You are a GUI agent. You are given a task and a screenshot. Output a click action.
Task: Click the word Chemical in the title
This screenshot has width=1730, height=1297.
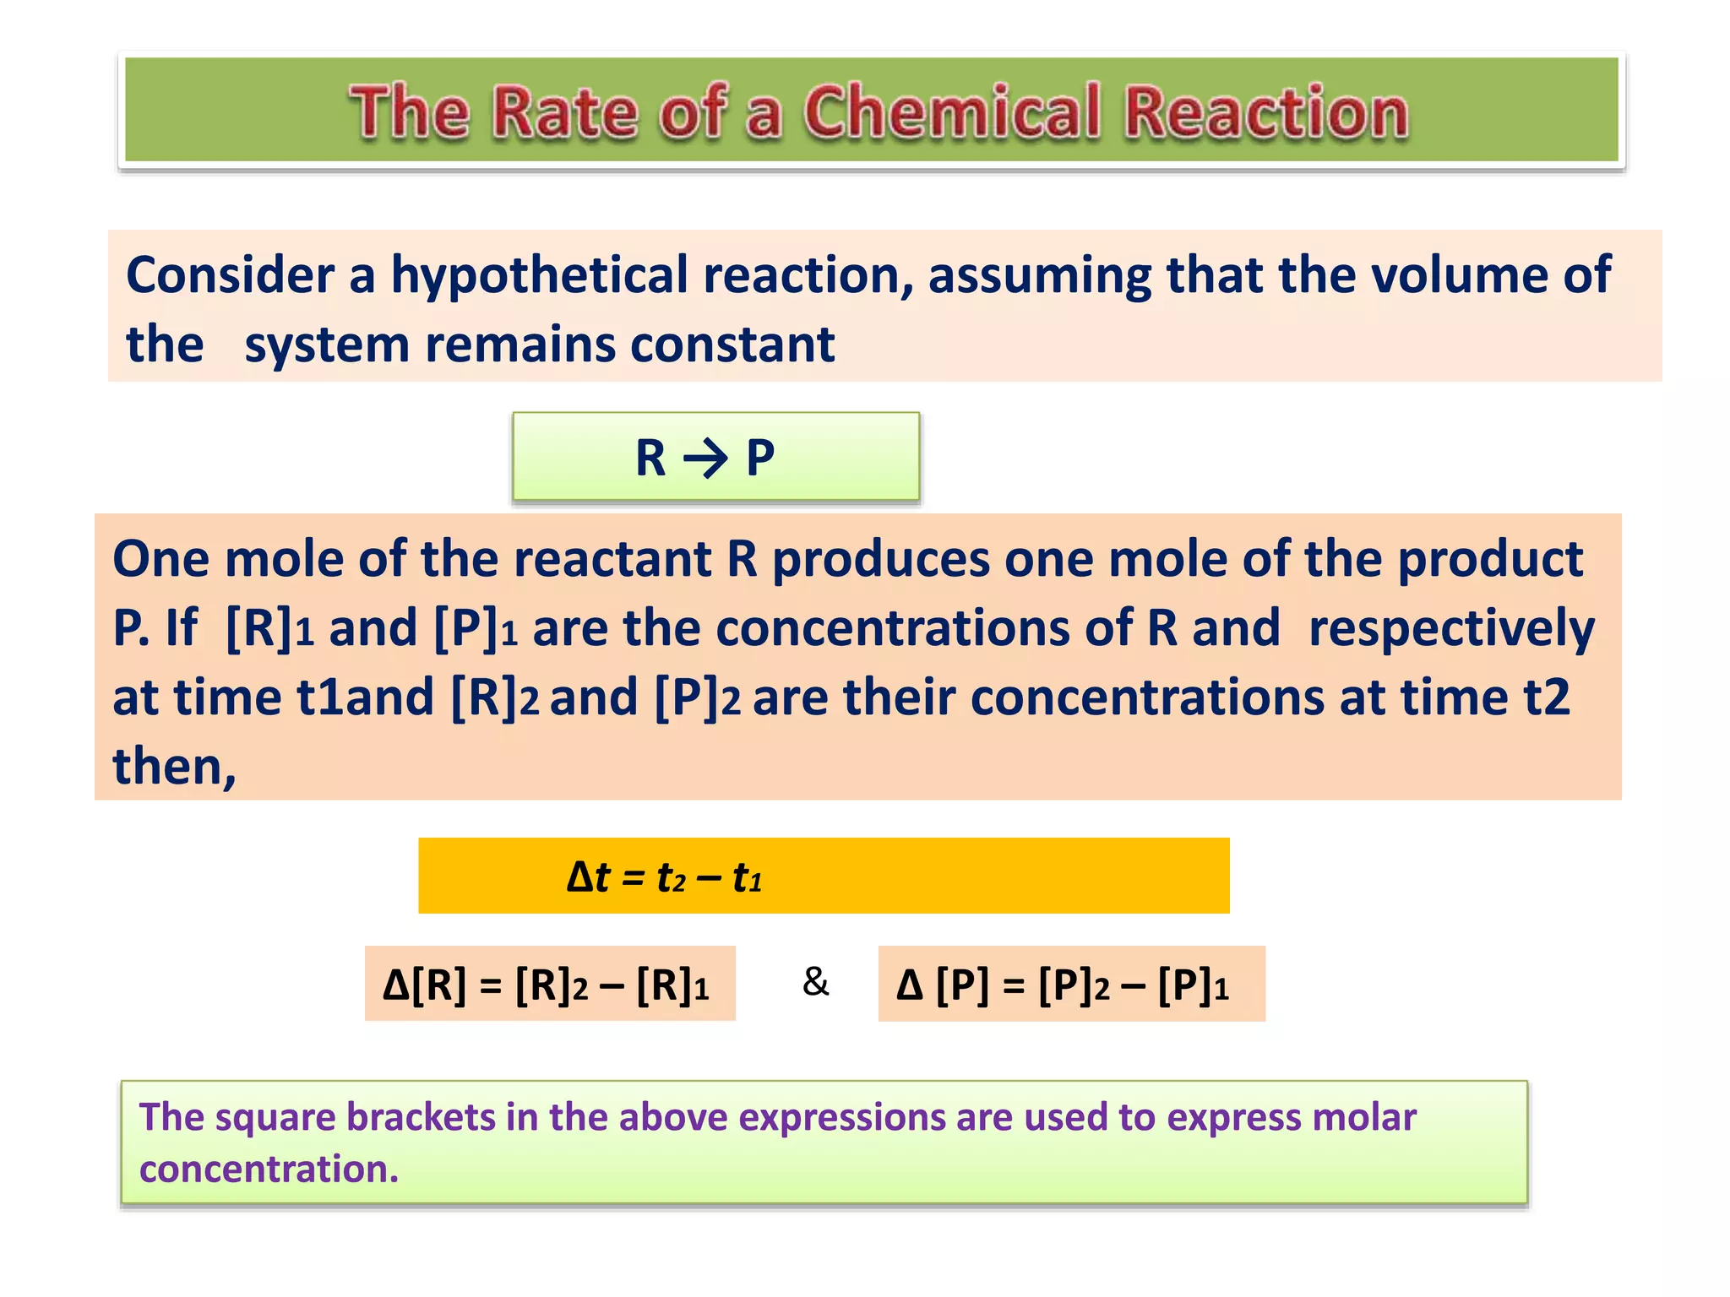point(952,111)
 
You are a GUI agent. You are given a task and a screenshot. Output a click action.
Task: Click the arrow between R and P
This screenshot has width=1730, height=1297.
point(705,459)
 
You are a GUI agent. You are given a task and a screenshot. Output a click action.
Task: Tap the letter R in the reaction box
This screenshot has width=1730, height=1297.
point(650,459)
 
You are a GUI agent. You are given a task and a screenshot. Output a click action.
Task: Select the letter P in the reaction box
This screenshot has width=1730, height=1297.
point(760,459)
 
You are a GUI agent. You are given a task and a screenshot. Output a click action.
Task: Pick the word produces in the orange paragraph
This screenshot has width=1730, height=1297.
point(881,559)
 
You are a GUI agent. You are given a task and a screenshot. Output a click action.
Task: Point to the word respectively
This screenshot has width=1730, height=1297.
point(1451,629)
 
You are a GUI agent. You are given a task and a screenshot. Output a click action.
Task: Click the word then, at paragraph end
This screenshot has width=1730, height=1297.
point(174,767)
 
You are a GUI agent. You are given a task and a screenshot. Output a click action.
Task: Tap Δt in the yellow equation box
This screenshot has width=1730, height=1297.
point(588,876)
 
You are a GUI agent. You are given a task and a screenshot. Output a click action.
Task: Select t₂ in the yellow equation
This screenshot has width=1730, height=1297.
point(671,878)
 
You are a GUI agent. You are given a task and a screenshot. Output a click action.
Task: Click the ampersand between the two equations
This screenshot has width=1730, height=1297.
point(815,982)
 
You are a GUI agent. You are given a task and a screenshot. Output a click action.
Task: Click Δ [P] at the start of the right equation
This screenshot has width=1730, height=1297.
point(942,985)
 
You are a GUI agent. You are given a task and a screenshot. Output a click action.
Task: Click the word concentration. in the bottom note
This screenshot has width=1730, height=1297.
point(269,1169)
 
